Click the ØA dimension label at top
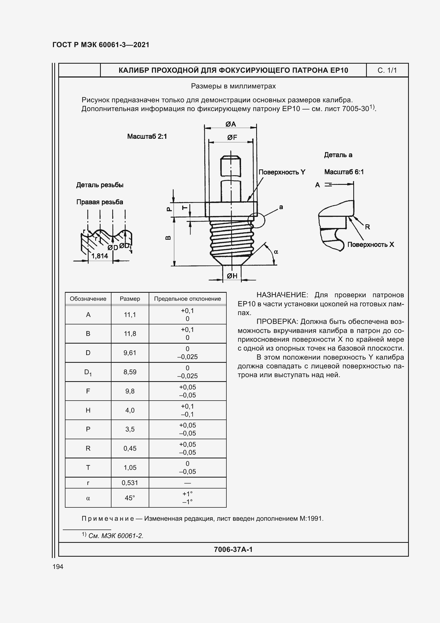click(231, 124)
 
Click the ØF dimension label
click(232, 137)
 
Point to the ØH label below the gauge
click(232, 276)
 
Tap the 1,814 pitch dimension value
click(99, 256)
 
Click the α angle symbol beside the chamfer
click(276, 252)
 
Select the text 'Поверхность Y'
click(282, 172)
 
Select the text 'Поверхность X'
click(370, 245)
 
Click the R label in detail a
click(367, 227)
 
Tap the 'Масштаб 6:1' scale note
click(344, 172)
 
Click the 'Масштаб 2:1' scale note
click(147, 136)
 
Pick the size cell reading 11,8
click(130, 334)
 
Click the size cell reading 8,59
click(130, 372)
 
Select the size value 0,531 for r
click(130, 483)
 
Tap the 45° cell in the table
click(130, 498)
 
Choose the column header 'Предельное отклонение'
click(187, 299)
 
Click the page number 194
click(58, 567)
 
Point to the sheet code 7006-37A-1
click(233, 549)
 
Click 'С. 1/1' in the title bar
click(387, 70)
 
